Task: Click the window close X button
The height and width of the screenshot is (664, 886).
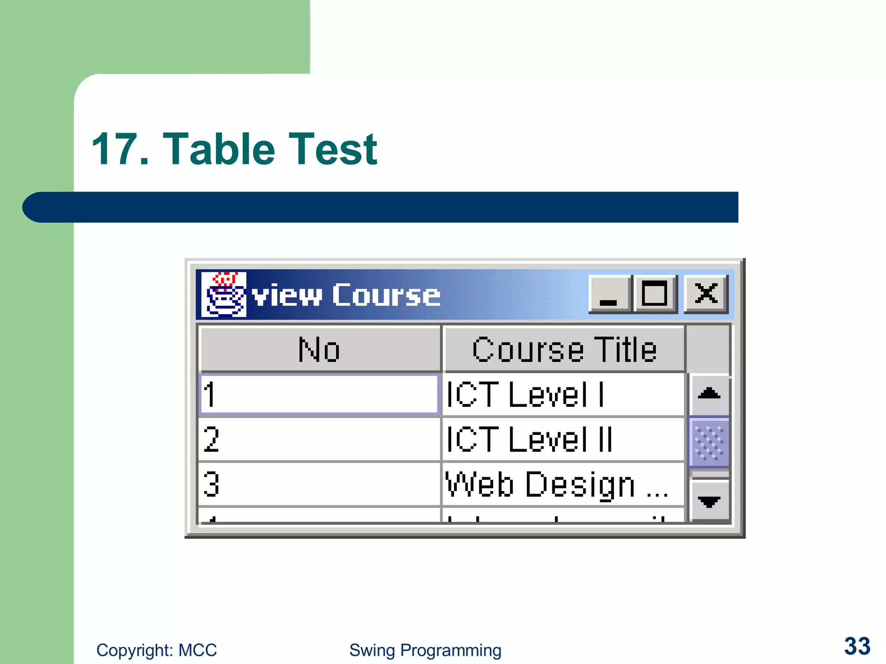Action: click(706, 294)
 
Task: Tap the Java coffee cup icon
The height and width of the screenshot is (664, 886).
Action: click(224, 295)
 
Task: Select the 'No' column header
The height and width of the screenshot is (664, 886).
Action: click(319, 349)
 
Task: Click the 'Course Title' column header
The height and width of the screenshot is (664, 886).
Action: click(564, 349)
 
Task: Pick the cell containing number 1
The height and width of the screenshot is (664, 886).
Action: click(319, 394)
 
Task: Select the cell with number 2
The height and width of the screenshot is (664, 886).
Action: click(319, 439)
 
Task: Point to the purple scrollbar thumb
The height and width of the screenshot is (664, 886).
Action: click(709, 442)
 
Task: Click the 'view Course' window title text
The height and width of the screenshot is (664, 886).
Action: click(346, 296)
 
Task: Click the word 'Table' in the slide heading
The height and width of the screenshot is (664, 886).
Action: click(219, 150)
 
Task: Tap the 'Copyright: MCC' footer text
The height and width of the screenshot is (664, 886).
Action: click(157, 650)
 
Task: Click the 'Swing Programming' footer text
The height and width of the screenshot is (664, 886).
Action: click(425, 650)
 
